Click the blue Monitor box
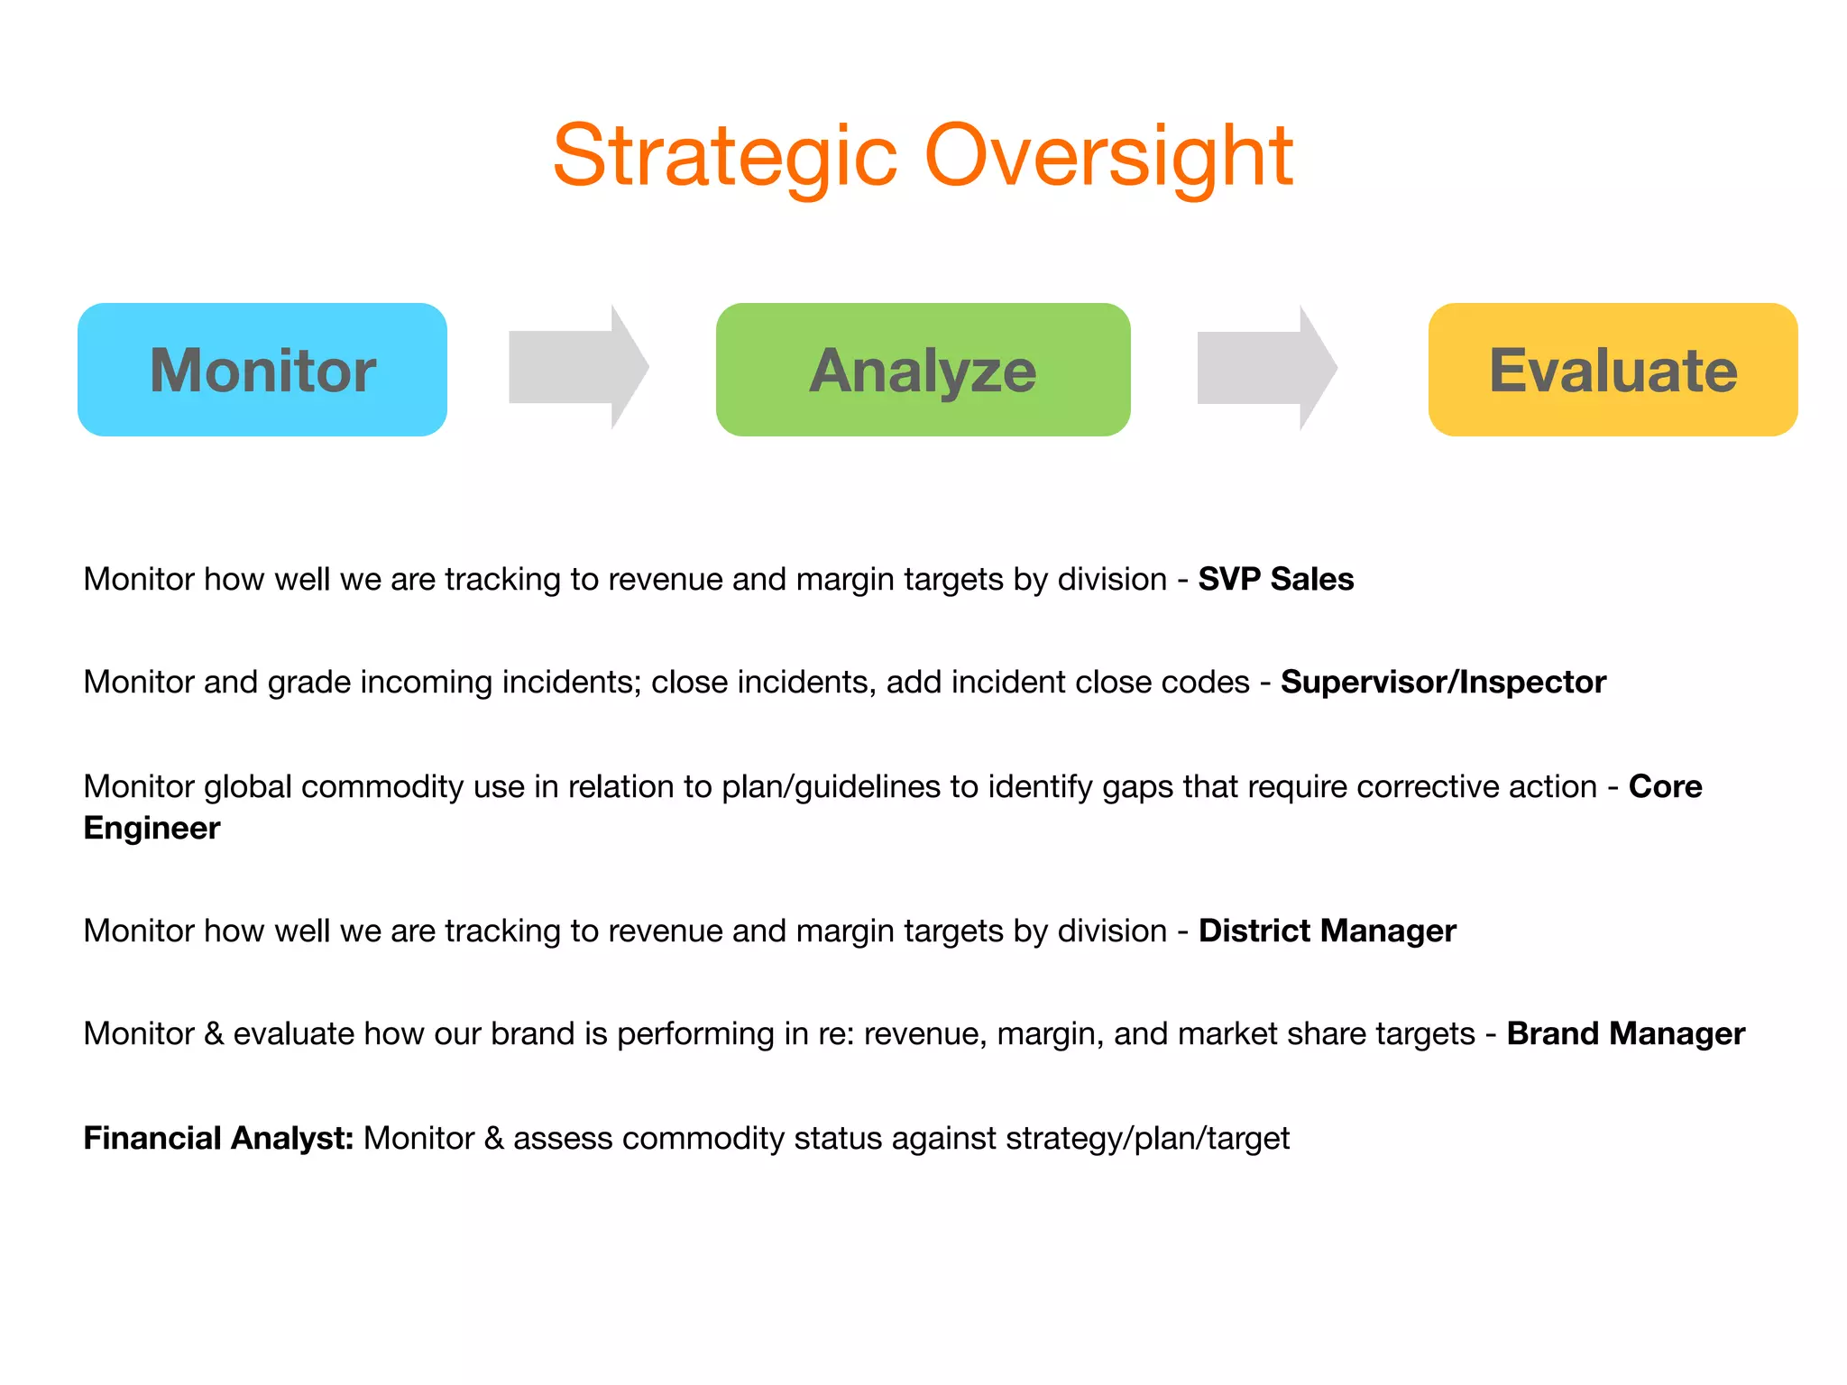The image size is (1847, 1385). pyautogui.click(x=262, y=370)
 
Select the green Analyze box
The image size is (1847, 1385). pyautogui.click(x=923, y=370)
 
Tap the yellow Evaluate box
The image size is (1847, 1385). pyautogui.click(x=1613, y=370)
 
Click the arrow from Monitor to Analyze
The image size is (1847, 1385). pyautogui.click(x=578, y=367)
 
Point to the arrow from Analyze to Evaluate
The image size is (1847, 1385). pyautogui.click(x=1266, y=367)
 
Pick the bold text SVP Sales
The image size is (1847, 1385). pyautogui.click(x=1275, y=579)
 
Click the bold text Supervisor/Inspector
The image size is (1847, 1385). pyautogui.click(x=1443, y=682)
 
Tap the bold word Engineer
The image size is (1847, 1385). pyautogui.click(x=152, y=828)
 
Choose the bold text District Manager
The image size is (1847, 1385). pyautogui.click(x=1327, y=931)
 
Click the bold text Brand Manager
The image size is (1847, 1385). pyautogui.click(x=1625, y=1033)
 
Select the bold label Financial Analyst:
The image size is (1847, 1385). pyautogui.click(x=218, y=1138)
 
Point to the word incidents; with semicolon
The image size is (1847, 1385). pyautogui.click(x=571, y=682)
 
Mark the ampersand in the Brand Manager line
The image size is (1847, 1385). pyautogui.click(x=214, y=1033)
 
